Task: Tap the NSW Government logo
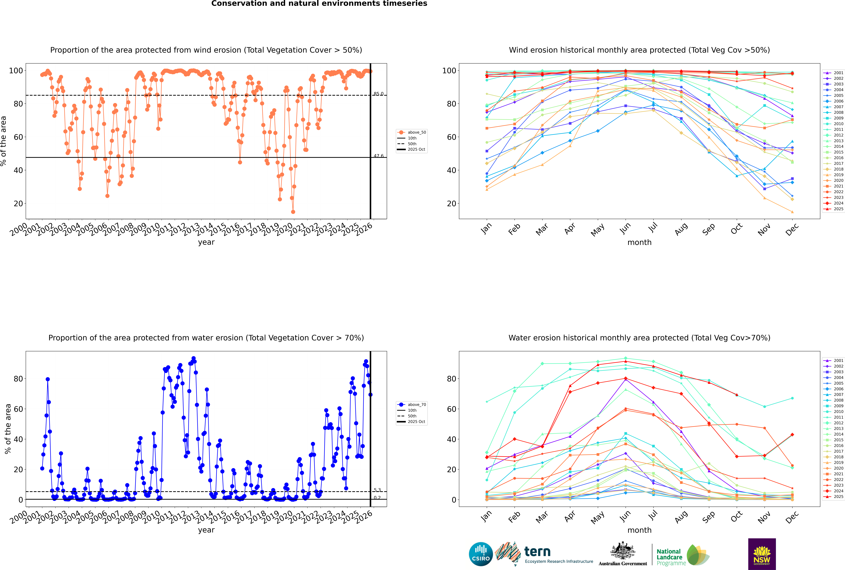762,554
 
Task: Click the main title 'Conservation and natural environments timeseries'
319,4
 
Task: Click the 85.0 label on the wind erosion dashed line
378,94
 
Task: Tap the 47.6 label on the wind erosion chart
378,156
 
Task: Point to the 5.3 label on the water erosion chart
377,490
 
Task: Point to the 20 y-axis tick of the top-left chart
18,204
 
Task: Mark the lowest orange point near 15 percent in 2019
293,212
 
